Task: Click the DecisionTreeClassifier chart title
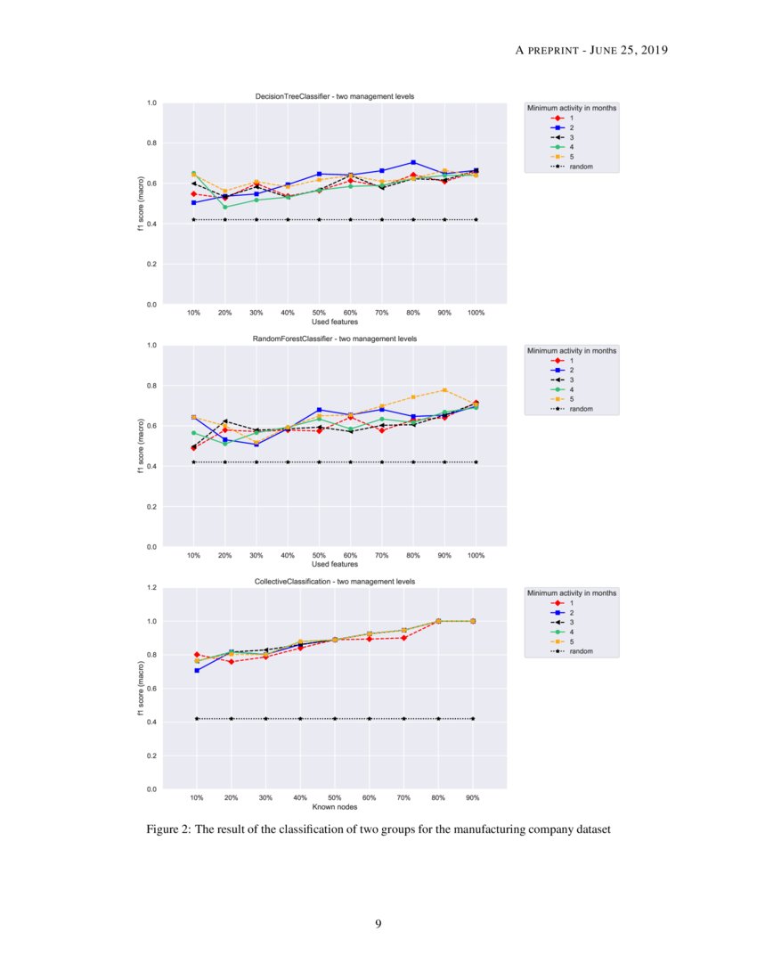pyautogui.click(x=334, y=96)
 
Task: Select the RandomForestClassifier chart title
pyautogui.click(x=336, y=339)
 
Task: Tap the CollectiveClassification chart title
pyautogui.click(x=334, y=581)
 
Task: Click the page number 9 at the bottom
pyautogui.click(x=378, y=924)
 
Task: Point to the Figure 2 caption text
pyautogui.click(x=378, y=830)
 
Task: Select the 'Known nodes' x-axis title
pyautogui.click(x=334, y=807)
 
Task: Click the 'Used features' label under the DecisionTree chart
pyautogui.click(x=334, y=322)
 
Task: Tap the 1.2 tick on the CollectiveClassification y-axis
pyautogui.click(x=151, y=588)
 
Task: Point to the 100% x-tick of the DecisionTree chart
pyautogui.click(x=476, y=313)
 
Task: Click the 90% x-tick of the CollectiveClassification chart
pyautogui.click(x=472, y=797)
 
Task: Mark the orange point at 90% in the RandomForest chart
pyautogui.click(x=444, y=390)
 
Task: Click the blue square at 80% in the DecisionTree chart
pyautogui.click(x=413, y=162)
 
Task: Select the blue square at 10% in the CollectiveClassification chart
pyautogui.click(x=197, y=670)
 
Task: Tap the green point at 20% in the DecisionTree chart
pyautogui.click(x=224, y=207)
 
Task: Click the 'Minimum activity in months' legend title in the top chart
pyautogui.click(x=572, y=108)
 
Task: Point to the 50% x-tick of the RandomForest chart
pyautogui.click(x=319, y=555)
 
